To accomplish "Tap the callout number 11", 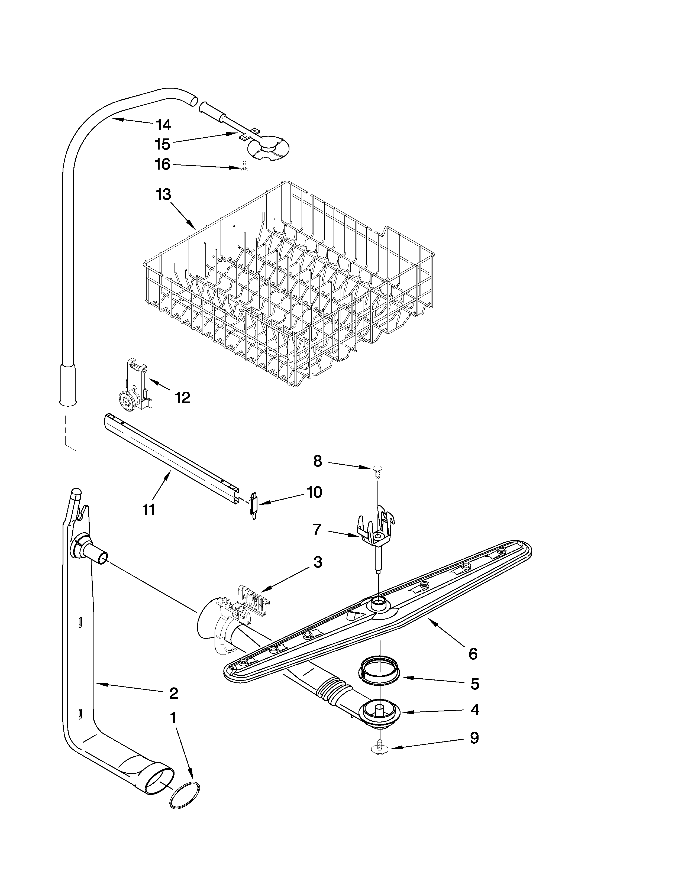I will point(149,510).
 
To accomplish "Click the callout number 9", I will point(474,738).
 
